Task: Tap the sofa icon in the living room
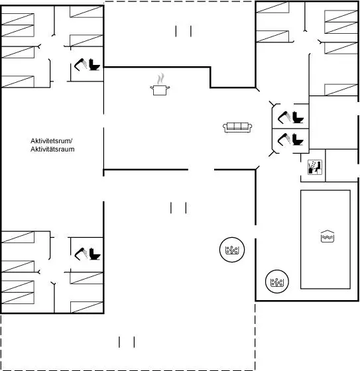click(237, 127)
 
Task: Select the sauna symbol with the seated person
click(315, 167)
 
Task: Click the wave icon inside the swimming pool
click(328, 236)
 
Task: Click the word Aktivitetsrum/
click(52, 140)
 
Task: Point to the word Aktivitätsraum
click(52, 149)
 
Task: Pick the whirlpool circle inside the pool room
click(277, 282)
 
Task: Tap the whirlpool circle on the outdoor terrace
click(232, 250)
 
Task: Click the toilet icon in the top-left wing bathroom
click(94, 64)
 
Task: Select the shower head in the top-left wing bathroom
click(80, 64)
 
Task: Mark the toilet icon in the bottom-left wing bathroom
click(95, 254)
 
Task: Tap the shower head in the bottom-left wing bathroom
click(81, 254)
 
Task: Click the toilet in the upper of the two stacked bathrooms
click(298, 117)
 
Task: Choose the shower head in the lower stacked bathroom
click(284, 139)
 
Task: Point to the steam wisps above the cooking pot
click(160, 79)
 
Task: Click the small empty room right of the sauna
click(341, 166)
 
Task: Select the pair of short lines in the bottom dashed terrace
click(127, 342)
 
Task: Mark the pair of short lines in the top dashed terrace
click(184, 31)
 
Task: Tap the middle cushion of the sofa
click(237, 126)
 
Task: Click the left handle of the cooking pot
click(152, 87)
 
